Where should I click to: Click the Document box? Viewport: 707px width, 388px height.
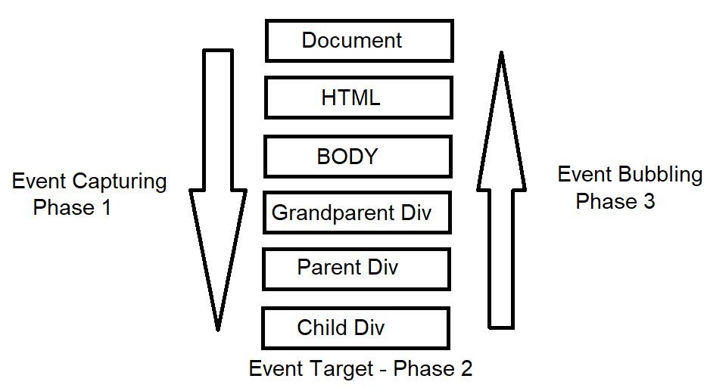359,41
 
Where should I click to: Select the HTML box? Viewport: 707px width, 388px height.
358,98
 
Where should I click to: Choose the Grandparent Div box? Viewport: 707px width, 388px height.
357,213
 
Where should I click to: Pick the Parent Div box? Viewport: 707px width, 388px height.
356,268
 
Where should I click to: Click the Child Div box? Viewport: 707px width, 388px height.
355,327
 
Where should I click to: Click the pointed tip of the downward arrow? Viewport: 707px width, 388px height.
218,327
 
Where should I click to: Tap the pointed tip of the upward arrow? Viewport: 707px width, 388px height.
500,54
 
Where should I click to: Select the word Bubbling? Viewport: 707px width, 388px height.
661,175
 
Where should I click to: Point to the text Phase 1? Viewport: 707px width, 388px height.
72,207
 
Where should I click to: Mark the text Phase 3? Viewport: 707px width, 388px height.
615,201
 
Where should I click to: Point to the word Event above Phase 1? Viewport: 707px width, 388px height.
39,182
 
